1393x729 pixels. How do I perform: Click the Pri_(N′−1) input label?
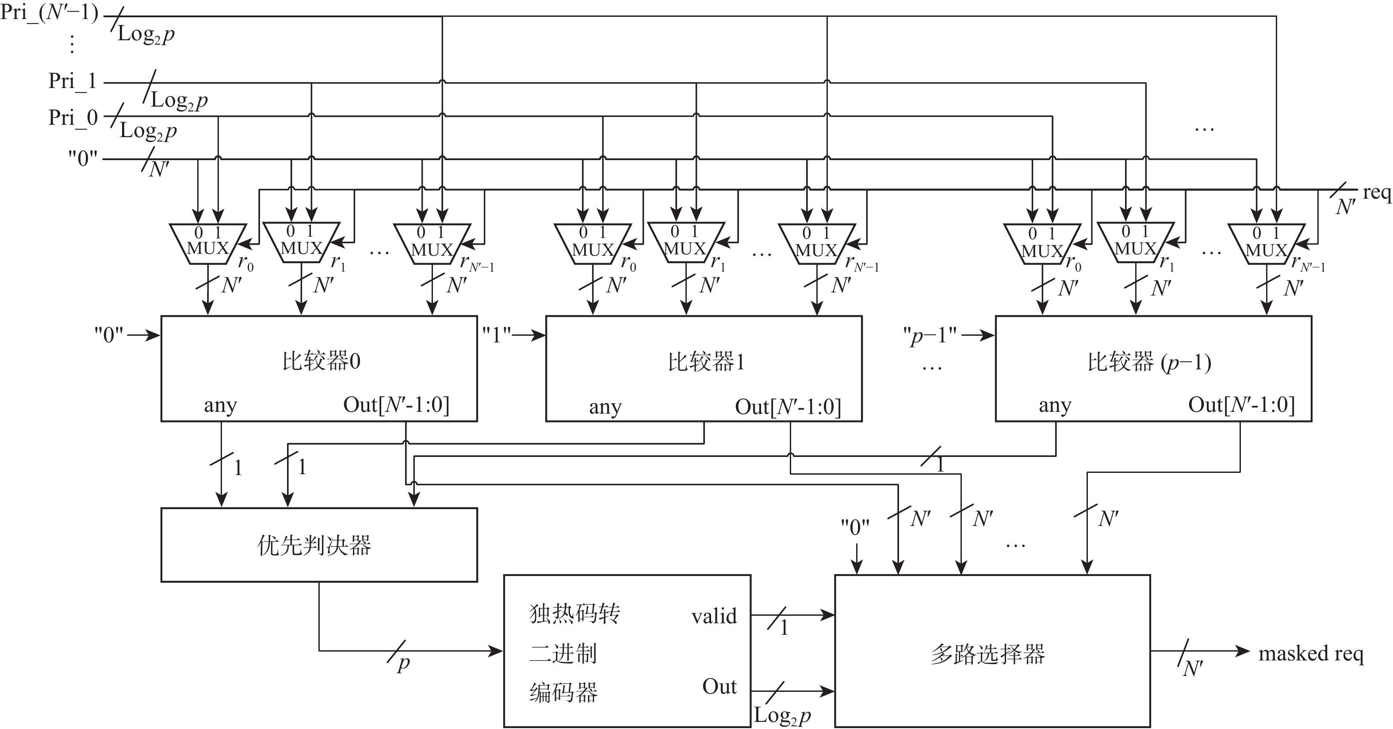click(x=49, y=12)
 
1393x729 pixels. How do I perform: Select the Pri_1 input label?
click(x=72, y=81)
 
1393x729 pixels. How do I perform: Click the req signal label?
click(x=1376, y=192)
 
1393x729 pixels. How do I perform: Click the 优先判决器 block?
click(x=319, y=545)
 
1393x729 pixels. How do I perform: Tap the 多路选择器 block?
click(x=992, y=652)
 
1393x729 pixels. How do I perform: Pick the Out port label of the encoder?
click(x=719, y=687)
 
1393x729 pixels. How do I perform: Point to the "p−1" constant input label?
click(x=930, y=336)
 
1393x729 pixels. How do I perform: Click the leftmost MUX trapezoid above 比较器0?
click(x=208, y=244)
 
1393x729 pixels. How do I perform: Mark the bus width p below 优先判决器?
click(x=403, y=664)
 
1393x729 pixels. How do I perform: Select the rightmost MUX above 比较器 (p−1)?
click(x=1267, y=245)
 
